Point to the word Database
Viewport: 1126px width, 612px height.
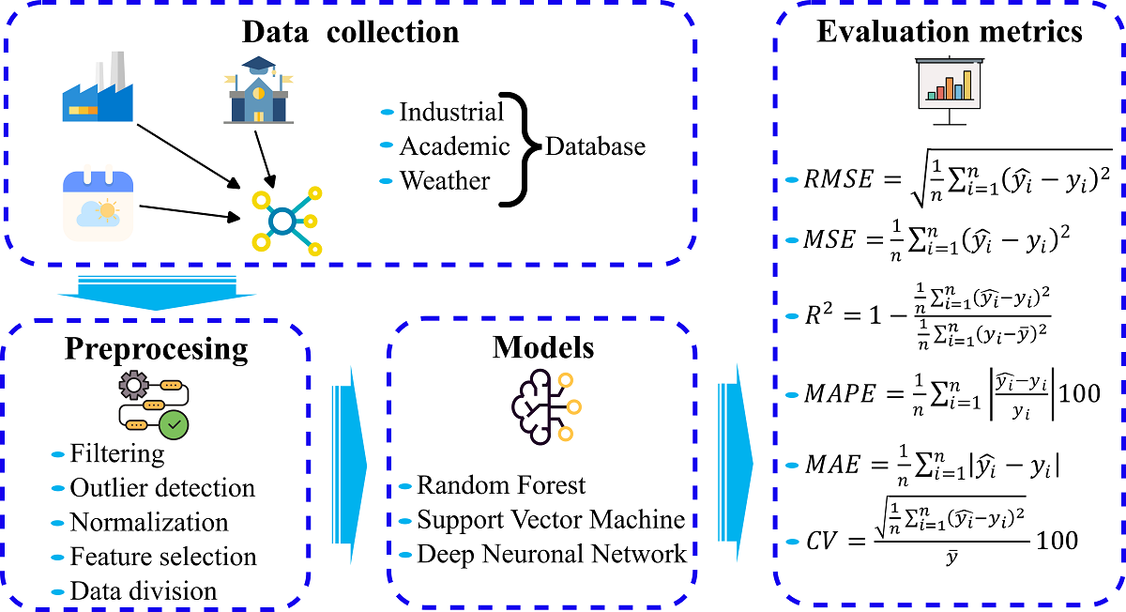click(595, 146)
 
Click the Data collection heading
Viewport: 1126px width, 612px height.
click(350, 32)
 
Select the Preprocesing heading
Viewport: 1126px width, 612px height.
click(157, 349)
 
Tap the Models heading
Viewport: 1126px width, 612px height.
click(543, 347)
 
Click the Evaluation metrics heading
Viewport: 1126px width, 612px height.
click(950, 31)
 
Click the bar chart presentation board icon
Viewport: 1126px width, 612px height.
click(948, 89)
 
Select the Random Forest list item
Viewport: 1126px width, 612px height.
click(501, 485)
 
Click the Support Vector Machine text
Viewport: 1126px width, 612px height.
click(551, 519)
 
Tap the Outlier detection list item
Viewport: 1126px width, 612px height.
click(162, 488)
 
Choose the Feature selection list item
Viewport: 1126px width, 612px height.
click(163, 557)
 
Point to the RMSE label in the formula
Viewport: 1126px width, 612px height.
click(838, 180)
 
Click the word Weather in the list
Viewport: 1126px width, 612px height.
click(445, 179)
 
